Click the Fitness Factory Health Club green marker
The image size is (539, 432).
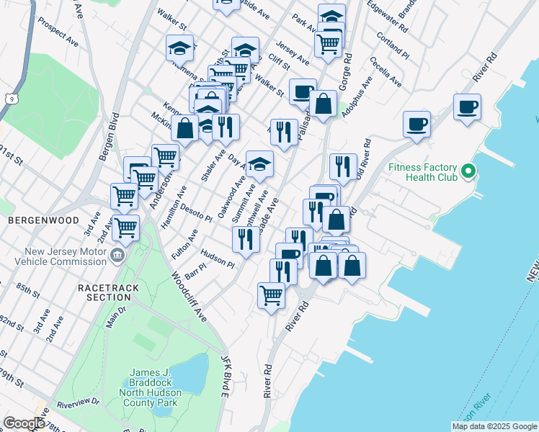(468, 172)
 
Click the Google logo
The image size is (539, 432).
(24, 423)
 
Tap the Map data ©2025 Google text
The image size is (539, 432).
(494, 426)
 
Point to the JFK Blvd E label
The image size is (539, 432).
(224, 374)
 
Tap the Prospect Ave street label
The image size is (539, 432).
(58, 32)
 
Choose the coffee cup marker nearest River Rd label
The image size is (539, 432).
(467, 108)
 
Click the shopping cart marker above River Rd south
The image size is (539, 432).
(271, 294)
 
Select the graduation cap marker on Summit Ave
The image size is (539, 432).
(259, 163)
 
